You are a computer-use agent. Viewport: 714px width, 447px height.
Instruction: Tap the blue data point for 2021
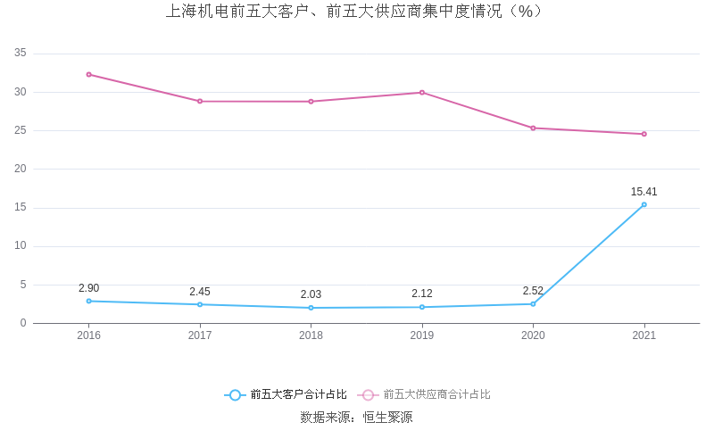click(x=643, y=204)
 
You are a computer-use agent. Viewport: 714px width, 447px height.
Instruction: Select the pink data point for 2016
click(x=88, y=74)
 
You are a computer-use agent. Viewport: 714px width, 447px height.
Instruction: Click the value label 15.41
click(x=643, y=192)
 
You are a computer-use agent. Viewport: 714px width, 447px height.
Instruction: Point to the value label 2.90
click(x=88, y=288)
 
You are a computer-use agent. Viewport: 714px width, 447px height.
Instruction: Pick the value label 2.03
click(x=311, y=294)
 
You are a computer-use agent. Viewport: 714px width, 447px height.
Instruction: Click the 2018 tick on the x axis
click(x=311, y=335)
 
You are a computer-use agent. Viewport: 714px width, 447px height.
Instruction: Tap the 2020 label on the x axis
click(x=533, y=335)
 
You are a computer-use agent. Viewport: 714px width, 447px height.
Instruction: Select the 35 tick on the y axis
click(x=21, y=54)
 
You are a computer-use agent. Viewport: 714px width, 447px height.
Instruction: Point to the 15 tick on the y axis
click(x=21, y=208)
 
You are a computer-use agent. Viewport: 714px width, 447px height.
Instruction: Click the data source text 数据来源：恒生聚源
click(x=356, y=417)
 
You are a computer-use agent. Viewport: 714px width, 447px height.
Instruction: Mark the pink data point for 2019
click(x=422, y=92)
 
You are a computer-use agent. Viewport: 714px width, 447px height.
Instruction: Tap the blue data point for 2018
click(x=311, y=308)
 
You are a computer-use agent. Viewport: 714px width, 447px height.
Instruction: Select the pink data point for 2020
click(x=533, y=128)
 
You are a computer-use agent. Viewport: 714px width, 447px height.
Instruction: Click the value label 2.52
click(x=533, y=291)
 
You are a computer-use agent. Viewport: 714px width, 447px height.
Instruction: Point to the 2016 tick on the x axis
click(x=88, y=335)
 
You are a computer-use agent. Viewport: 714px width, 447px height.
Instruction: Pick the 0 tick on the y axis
click(x=23, y=323)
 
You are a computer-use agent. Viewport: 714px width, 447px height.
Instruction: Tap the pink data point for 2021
click(x=643, y=134)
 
